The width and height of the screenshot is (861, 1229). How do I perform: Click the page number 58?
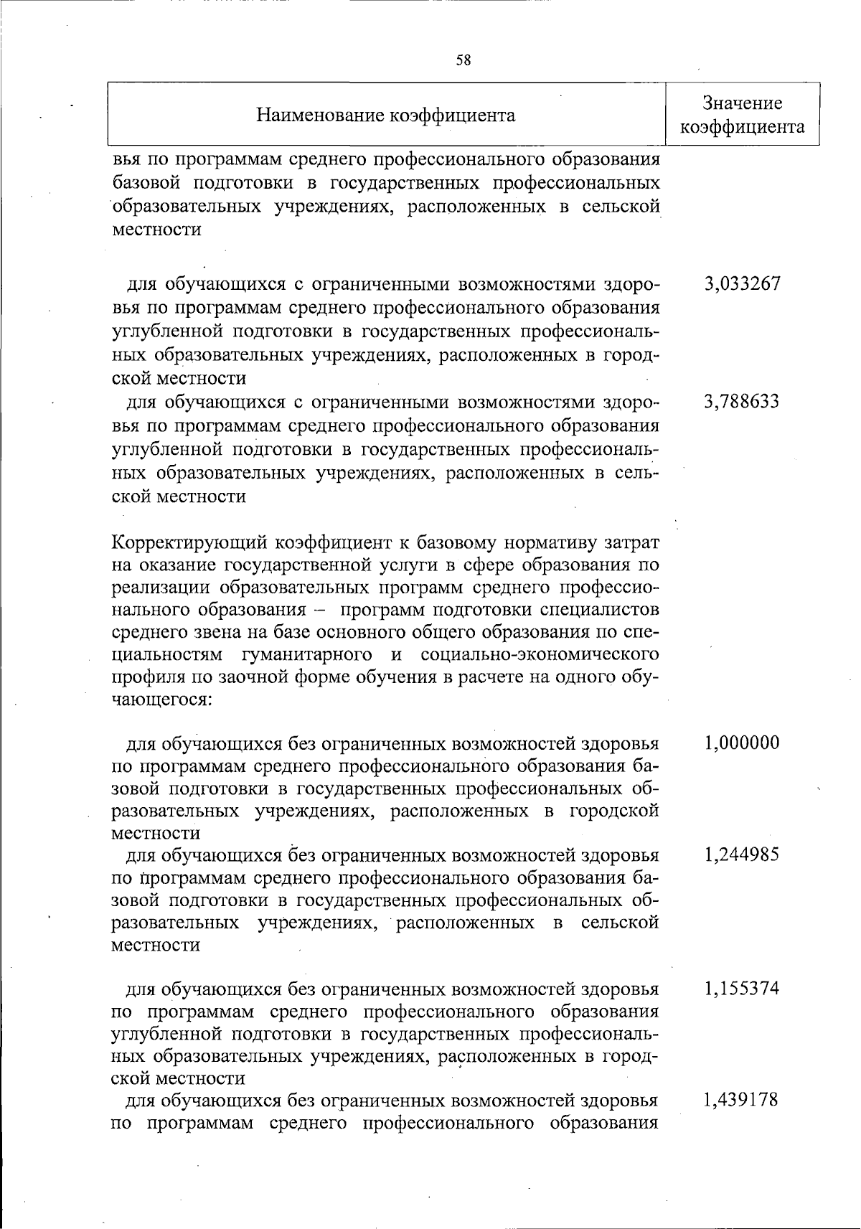coord(464,60)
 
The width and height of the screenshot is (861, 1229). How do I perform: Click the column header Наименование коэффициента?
coord(386,116)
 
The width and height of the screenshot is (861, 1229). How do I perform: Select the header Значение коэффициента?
coord(742,116)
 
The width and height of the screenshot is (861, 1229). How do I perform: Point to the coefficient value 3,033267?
coord(742,284)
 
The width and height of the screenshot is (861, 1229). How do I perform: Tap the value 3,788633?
coord(742,402)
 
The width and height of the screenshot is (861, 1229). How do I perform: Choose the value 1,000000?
coord(742,743)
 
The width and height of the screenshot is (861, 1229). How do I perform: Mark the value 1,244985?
coord(742,855)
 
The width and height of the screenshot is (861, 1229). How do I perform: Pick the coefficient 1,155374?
coord(742,989)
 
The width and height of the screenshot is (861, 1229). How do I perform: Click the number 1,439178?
coord(742,1101)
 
